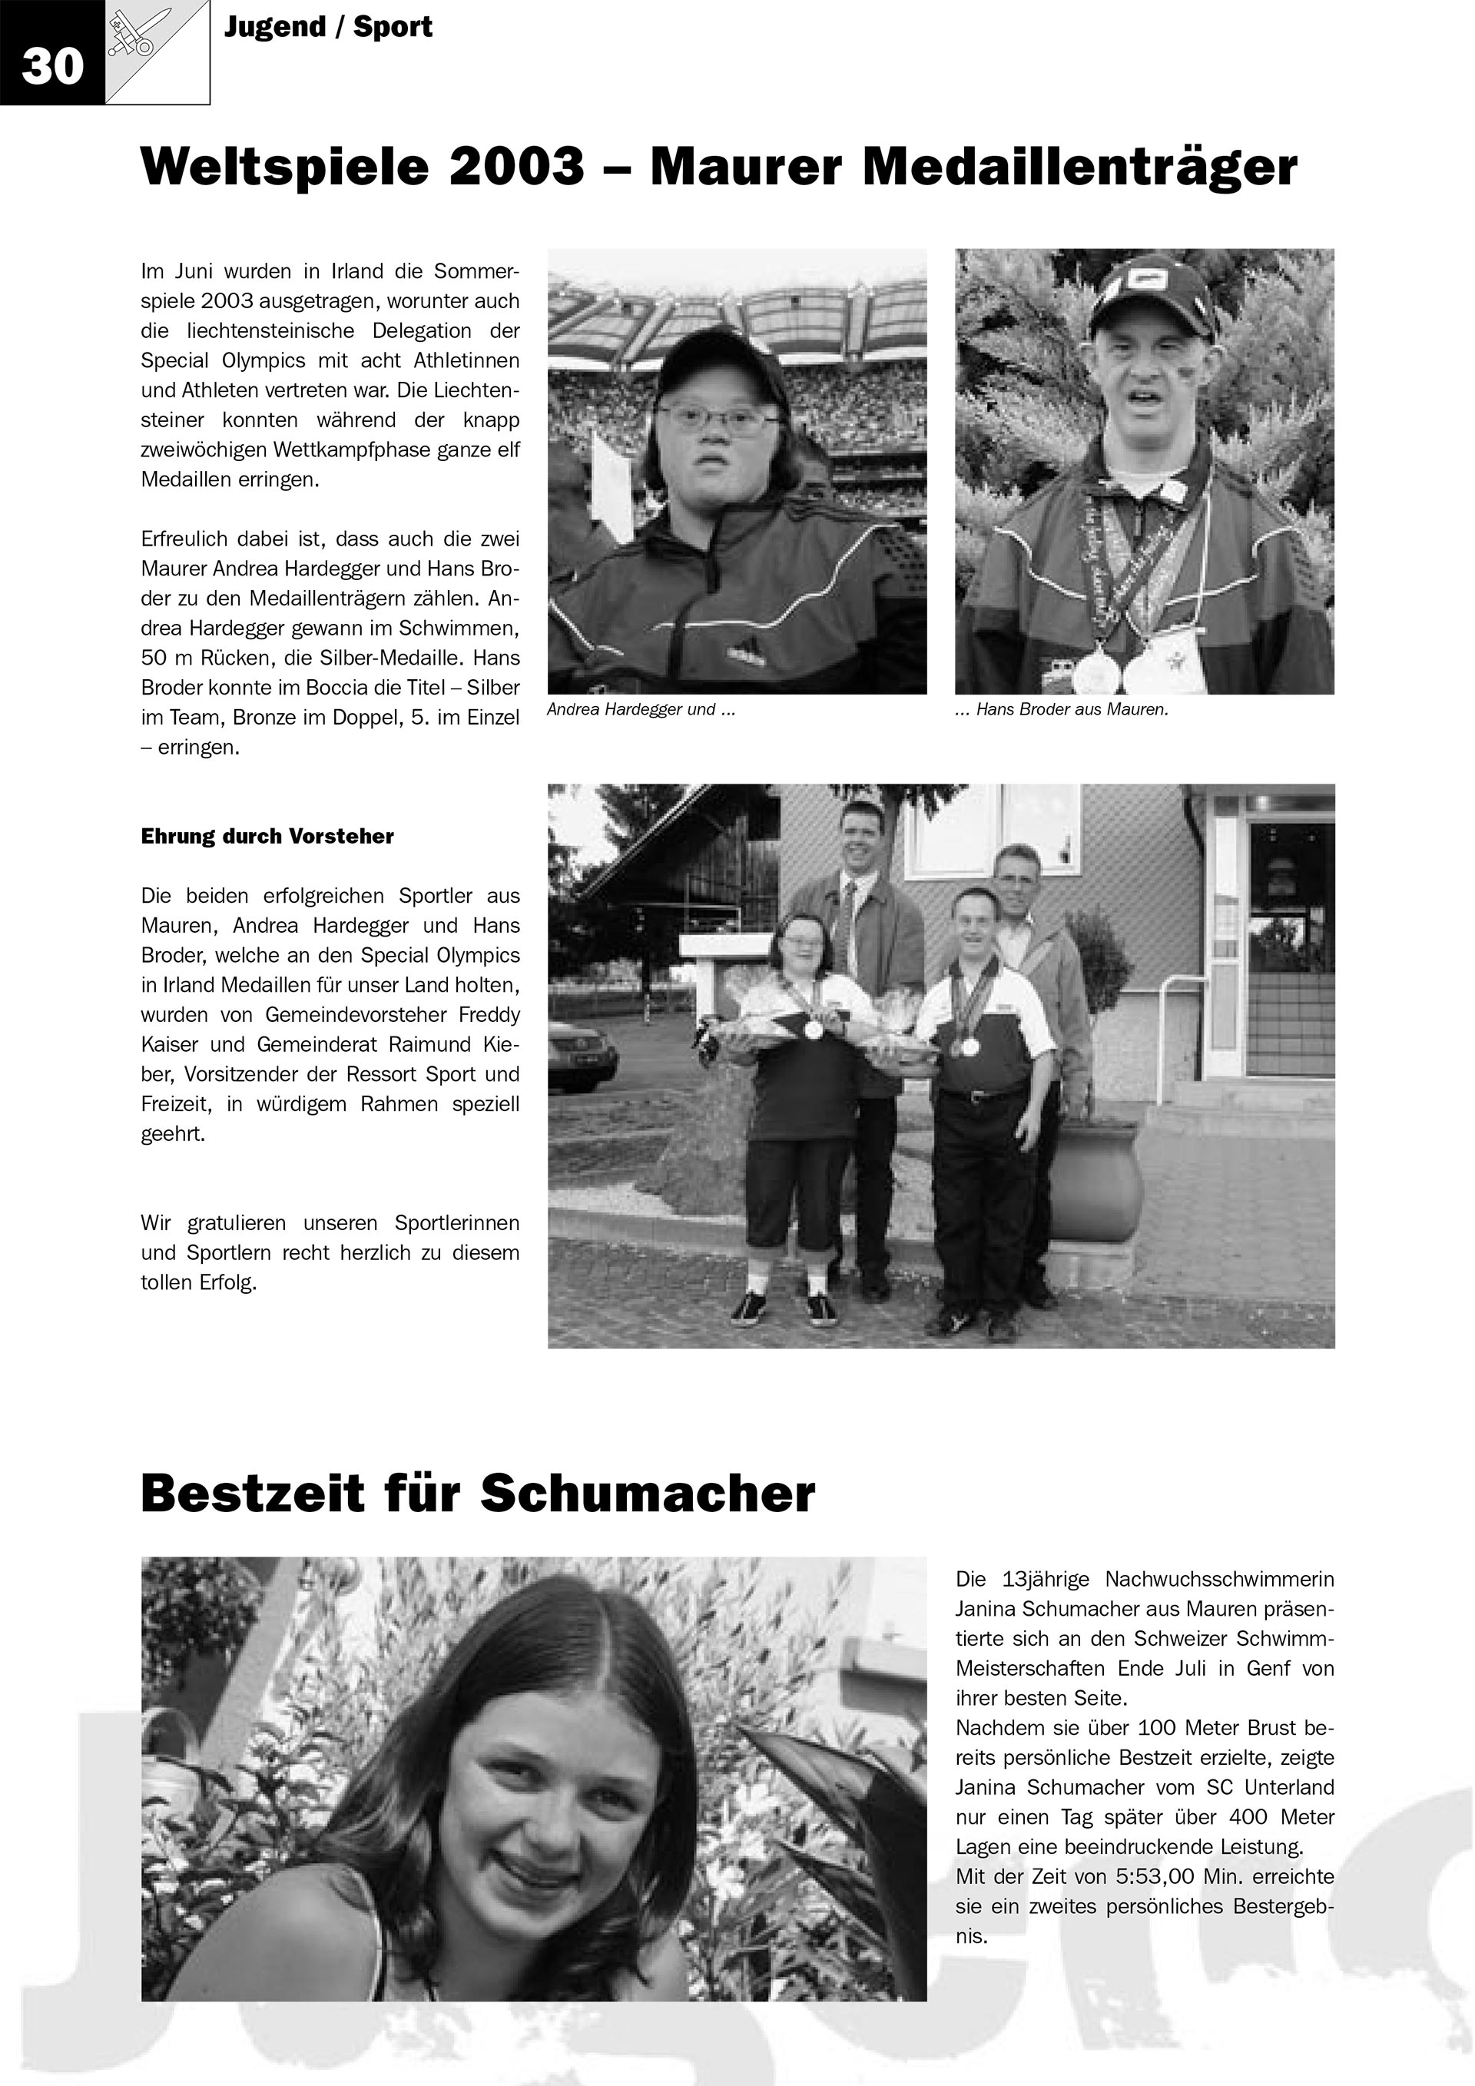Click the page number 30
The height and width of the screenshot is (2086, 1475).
tap(51, 66)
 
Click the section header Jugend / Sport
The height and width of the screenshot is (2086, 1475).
tap(328, 27)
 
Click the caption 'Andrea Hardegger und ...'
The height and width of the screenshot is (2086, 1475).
tap(640, 711)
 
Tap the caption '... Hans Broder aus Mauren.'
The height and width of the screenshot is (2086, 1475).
tap(1061, 711)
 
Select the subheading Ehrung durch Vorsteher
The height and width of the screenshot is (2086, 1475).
tap(267, 837)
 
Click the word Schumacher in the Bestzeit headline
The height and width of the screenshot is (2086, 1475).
tap(648, 1493)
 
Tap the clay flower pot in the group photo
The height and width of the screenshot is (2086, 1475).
tap(1097, 1181)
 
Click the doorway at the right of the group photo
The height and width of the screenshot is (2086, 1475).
tap(1290, 945)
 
